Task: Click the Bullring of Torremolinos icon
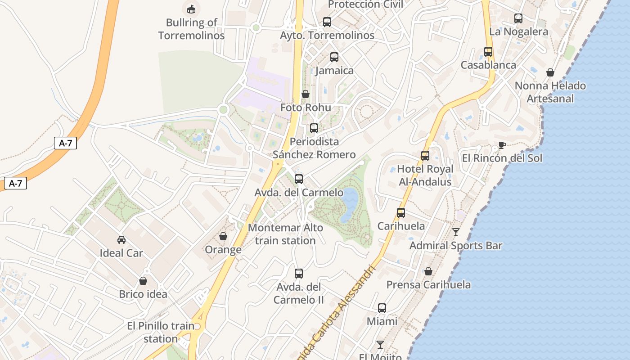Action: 191,9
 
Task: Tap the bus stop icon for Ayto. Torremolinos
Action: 327,22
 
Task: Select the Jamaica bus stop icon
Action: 334,57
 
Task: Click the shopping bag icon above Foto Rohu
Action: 306,94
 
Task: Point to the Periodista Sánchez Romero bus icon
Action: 314,128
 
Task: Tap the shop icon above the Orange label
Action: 223,236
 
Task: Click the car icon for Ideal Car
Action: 121,240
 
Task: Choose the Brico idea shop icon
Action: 143,281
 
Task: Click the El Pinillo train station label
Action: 161,332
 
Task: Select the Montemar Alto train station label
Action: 285,234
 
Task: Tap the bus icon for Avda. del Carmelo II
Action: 298,273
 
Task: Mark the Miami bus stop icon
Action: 382,308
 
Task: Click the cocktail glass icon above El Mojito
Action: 380,345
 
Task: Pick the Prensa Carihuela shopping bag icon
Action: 428,271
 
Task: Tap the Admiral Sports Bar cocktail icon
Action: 456,232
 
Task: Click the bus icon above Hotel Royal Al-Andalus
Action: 425,156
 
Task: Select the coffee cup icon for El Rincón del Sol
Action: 502,145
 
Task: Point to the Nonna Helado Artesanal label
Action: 550,92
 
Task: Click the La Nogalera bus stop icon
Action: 518,18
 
